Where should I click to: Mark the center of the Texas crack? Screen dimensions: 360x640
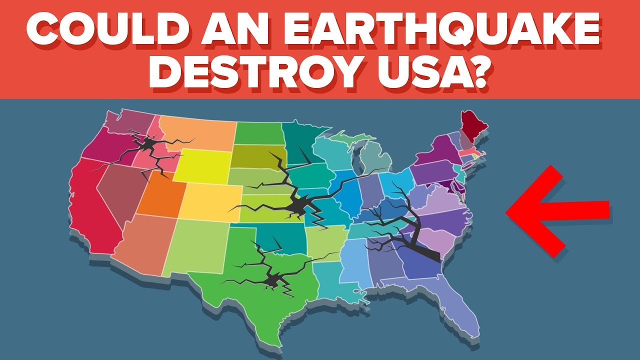pyautogui.click(x=272, y=280)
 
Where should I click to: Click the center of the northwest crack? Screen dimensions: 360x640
pyautogui.click(x=147, y=145)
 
